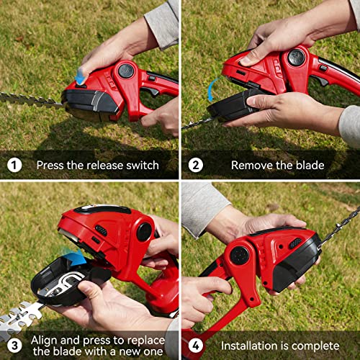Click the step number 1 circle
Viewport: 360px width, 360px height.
point(14,165)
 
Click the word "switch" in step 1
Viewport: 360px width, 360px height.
point(141,165)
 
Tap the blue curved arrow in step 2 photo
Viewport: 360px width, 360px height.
point(212,90)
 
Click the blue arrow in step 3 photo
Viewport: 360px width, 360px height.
point(73,258)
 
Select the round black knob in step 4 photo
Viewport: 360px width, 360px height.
point(238,255)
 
